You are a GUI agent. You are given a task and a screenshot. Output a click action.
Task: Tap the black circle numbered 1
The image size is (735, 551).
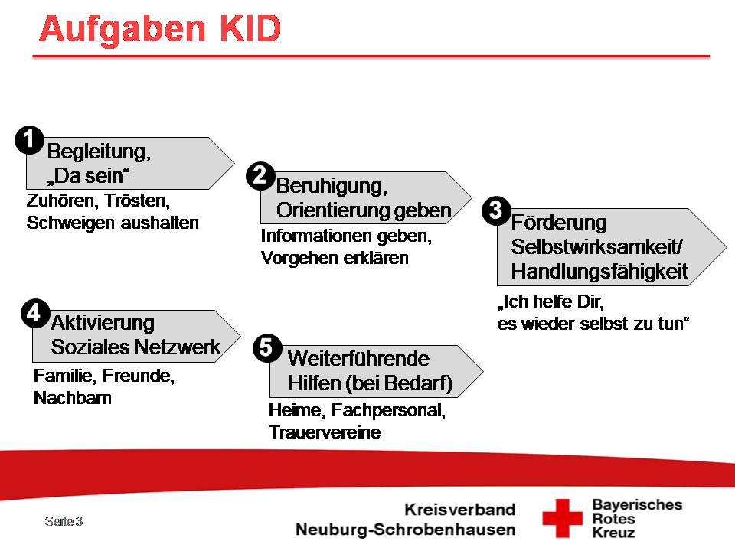tap(29, 140)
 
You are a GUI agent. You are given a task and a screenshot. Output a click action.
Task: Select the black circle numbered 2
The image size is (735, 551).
tap(260, 176)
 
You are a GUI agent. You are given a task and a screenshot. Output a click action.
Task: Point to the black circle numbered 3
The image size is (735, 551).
tap(496, 211)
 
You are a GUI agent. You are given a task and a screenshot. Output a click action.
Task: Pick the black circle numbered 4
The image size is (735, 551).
tap(36, 314)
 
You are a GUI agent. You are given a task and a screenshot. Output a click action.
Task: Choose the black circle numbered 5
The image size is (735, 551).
tap(267, 349)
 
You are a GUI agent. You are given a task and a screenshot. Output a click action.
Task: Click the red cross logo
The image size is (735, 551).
tap(562, 518)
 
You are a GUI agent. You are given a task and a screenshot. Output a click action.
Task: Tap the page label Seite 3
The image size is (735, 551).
tap(64, 521)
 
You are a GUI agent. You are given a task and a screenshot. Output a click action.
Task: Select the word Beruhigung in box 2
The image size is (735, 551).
tap(332, 187)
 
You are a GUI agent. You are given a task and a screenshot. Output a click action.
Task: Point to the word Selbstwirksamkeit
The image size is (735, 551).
tap(596, 247)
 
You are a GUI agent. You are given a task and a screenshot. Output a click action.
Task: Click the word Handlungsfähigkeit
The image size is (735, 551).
tap(599, 272)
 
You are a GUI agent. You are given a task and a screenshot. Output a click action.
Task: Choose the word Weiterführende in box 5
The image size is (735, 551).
tap(358, 359)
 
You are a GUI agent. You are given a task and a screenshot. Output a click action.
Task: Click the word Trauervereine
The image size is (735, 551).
tap(325, 432)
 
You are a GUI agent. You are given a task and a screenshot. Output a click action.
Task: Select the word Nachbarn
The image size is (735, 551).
tap(73, 398)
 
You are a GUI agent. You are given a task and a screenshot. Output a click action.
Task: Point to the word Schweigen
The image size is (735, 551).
tap(70, 223)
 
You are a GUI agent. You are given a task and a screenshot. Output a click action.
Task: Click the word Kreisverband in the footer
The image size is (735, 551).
tap(460, 510)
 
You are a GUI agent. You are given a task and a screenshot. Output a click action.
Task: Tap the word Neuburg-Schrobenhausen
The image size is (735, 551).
tap(406, 530)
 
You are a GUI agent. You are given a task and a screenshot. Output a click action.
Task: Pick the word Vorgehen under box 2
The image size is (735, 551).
tap(299, 258)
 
